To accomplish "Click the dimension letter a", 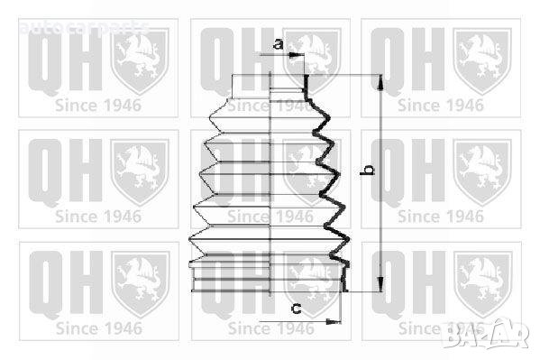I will (x=278, y=44).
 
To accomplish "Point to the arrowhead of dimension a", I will (x=297, y=55).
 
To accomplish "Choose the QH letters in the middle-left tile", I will (x=62, y=171).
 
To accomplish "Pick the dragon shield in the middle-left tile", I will (x=140, y=170).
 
